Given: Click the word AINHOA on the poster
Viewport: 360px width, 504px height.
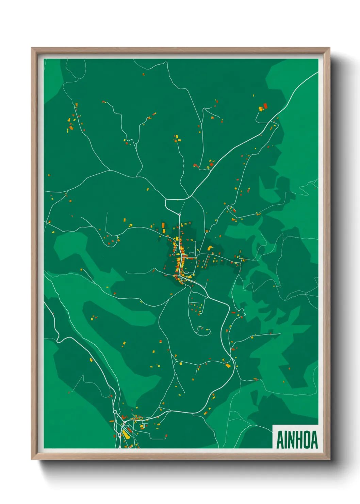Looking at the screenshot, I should pos(297,440).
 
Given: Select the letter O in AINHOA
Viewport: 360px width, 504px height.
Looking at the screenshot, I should pos(305,440).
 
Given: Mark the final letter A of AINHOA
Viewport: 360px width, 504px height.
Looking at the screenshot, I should pos(313,440).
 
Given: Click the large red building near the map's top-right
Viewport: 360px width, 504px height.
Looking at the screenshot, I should pos(265,106).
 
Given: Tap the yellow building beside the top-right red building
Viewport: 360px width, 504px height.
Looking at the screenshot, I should pos(261,109).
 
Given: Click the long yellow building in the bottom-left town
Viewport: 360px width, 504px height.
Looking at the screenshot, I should pos(126,434).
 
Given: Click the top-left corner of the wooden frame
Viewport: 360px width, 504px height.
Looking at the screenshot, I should pos(32,48).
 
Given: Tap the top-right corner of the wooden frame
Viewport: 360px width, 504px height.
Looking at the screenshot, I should pos(329,48).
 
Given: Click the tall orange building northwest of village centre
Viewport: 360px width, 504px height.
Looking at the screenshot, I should pos(163,225).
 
